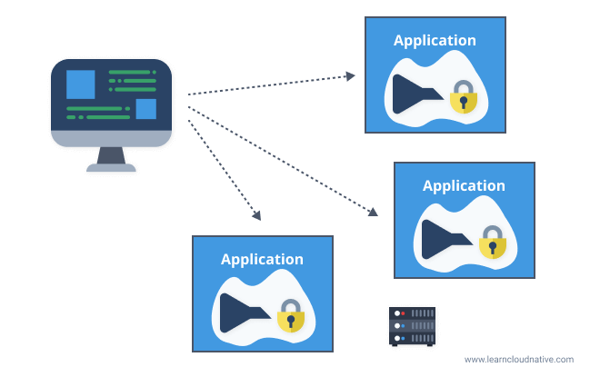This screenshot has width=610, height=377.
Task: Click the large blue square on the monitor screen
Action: [81, 84]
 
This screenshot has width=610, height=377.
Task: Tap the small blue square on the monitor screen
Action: [145, 109]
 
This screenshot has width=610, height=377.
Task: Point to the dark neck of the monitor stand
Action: [111, 154]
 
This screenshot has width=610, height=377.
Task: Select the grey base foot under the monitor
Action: [111, 167]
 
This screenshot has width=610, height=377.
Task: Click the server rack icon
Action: [412, 326]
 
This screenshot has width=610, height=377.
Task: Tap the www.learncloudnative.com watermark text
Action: [519, 359]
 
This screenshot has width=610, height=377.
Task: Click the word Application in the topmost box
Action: [435, 41]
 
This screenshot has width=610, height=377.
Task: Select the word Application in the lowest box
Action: [262, 260]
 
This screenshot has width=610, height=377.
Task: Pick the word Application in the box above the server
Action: [464, 186]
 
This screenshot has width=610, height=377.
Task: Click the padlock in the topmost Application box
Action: [463, 96]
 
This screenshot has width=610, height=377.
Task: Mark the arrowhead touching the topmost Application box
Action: [351, 76]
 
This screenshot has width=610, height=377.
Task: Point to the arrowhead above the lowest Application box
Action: [257, 216]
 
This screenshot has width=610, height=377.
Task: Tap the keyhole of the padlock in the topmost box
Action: [463, 102]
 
